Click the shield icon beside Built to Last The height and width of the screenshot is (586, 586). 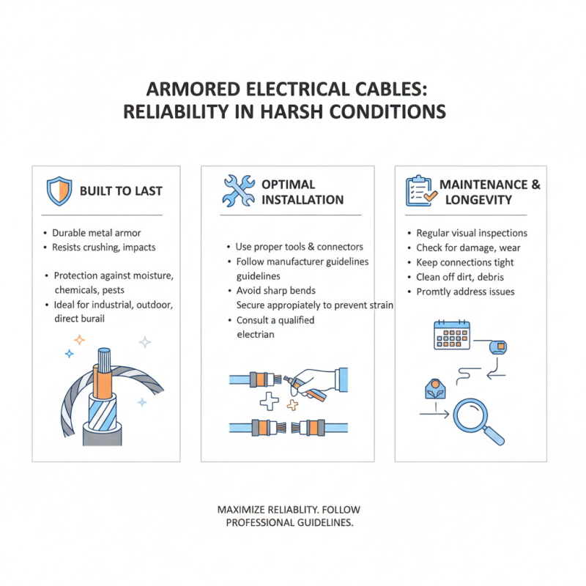(59, 191)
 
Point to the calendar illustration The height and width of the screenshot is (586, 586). (452, 335)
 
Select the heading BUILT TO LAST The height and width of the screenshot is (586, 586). (121, 191)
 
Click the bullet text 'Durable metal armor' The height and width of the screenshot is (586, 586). (97, 233)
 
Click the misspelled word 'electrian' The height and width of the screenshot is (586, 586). (256, 334)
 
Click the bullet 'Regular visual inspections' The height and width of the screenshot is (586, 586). (472, 233)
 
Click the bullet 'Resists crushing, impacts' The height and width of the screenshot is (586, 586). (103, 248)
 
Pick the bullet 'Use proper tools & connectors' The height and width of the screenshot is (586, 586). (300, 247)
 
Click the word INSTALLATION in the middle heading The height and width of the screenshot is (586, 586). (303, 199)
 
